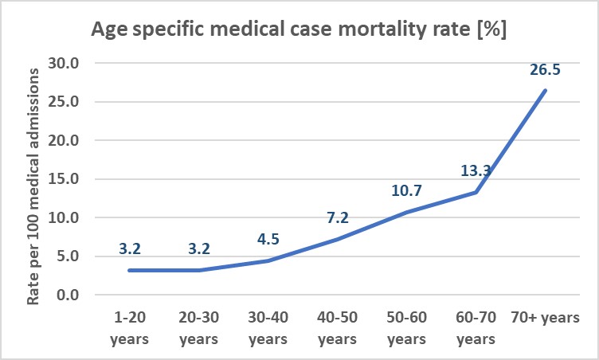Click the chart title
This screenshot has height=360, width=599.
299,29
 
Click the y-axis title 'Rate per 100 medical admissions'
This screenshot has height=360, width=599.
33,186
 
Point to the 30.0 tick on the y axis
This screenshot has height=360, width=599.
64,63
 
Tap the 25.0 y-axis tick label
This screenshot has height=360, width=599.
64,102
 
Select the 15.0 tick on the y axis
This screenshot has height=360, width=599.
64,179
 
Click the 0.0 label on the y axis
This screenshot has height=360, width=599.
68,295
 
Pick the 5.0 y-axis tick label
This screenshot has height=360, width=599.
68,256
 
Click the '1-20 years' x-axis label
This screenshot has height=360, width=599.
130,328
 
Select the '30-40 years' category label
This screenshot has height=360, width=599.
268,328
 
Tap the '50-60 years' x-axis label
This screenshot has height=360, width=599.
406,328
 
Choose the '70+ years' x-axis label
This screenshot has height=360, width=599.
545,318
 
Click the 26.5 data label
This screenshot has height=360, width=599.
545,70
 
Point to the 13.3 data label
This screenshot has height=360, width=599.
476,170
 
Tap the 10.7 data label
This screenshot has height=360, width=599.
406,190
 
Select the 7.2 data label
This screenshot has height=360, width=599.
338,218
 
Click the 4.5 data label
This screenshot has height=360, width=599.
268,239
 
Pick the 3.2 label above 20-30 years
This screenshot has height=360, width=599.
199,248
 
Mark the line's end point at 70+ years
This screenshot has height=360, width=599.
545,91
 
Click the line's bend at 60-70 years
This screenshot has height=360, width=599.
476,192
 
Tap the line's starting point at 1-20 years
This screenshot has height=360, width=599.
130,270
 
